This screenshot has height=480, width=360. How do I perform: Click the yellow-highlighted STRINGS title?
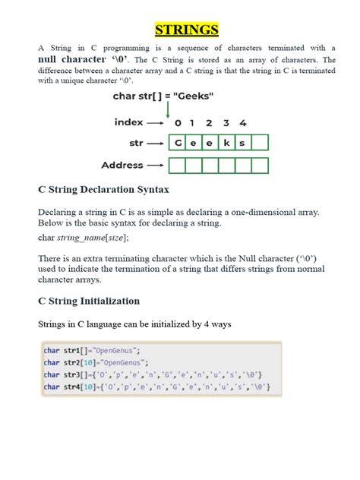click(187, 30)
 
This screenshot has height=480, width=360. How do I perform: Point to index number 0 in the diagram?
click(178, 122)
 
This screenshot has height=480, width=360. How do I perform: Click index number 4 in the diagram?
click(242, 122)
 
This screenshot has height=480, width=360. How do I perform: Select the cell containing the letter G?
click(178, 142)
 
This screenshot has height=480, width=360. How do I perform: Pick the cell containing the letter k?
click(226, 142)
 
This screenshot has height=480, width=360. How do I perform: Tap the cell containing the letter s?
click(243, 142)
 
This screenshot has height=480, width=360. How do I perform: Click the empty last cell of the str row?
click(260, 142)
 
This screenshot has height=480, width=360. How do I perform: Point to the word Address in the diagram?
click(122, 165)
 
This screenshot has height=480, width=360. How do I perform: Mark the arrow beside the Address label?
click(155, 165)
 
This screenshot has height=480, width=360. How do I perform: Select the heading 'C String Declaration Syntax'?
click(103, 189)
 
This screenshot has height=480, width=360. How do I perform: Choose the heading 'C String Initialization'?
click(89, 301)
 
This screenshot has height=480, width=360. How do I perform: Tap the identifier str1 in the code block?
click(72, 350)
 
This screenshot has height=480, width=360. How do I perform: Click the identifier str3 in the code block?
click(72, 374)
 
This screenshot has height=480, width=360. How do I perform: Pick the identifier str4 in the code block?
click(72, 387)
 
